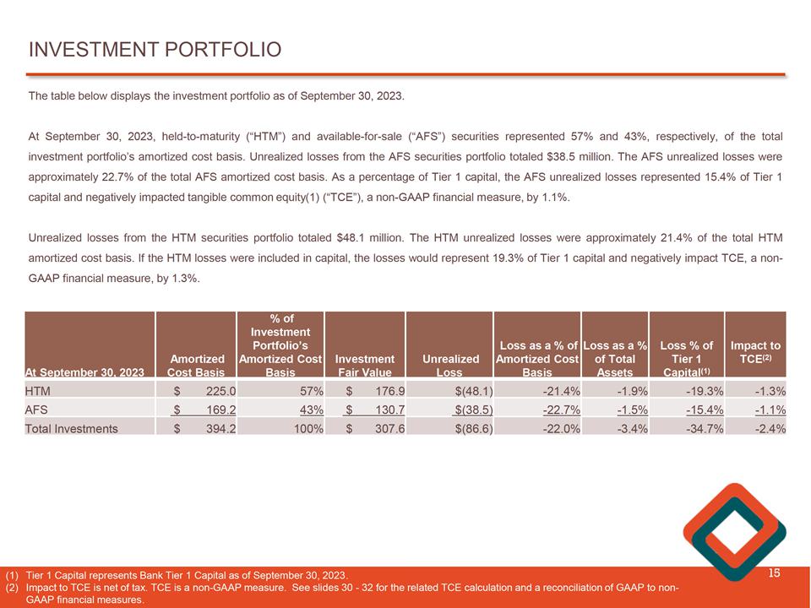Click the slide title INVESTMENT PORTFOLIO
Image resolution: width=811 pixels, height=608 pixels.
pos(155,50)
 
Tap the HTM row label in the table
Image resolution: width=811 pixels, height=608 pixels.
pos(38,391)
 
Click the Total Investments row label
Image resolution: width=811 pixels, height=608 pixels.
pos(72,428)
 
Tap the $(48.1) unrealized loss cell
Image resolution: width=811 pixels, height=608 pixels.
pos(473,391)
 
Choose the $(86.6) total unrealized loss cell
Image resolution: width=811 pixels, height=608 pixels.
pos(473,428)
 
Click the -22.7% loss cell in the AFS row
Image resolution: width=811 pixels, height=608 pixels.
pos(561,410)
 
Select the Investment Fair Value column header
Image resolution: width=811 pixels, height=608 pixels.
pos(365,364)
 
